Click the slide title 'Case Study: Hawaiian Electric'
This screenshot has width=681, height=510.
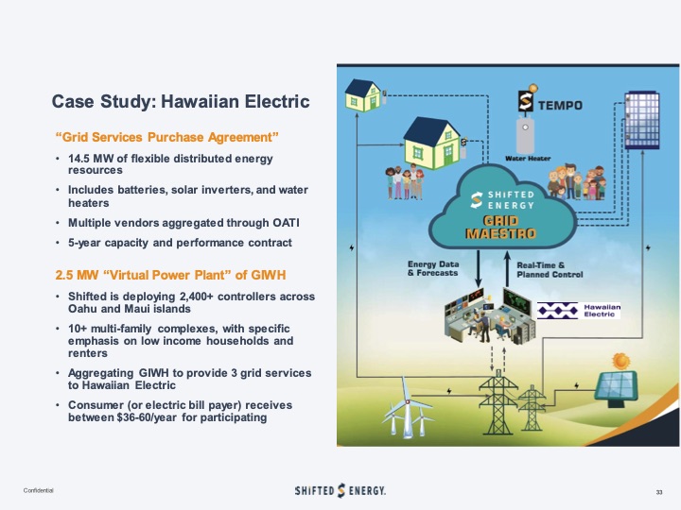pos(180,102)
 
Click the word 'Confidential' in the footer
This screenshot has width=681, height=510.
pos(40,491)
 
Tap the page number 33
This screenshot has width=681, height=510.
pos(659,492)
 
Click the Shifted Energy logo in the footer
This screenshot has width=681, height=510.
pos(340,490)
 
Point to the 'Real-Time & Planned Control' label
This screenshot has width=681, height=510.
pos(550,268)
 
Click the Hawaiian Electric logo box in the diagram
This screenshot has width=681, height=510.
pos(578,309)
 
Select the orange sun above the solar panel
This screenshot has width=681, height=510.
pos(620,361)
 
